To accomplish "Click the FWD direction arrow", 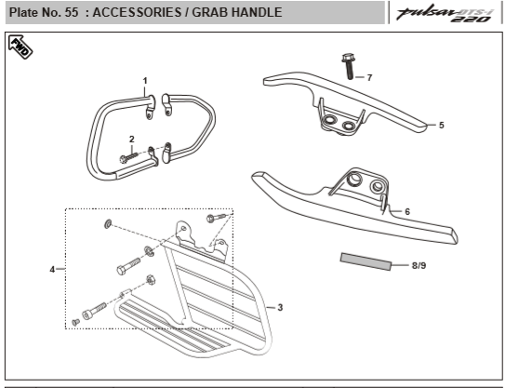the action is tap(20, 47).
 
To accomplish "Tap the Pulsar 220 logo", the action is tap(446, 14).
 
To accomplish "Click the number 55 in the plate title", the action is tap(72, 12).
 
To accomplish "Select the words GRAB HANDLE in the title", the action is tap(237, 12).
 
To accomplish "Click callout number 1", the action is tap(145, 80).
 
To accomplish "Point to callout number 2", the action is tap(132, 139).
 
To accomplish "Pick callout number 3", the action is tap(280, 308).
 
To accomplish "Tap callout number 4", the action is tap(52, 270).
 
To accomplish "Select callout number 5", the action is tap(441, 125).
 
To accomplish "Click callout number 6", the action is tap(407, 211).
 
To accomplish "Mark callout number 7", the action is tap(369, 77).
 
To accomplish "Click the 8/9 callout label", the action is tap(419, 265).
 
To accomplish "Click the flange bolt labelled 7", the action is tap(348, 66).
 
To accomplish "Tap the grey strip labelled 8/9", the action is tap(366, 261).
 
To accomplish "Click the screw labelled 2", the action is tap(128, 157).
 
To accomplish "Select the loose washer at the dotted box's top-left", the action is tap(108, 224).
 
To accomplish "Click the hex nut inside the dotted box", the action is tap(151, 280).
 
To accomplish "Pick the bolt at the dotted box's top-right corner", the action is tap(216, 218).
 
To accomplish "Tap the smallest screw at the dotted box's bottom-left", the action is tap(75, 322).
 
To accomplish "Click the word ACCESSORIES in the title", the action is tap(137, 12).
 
